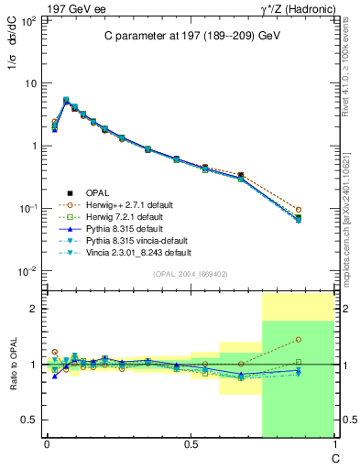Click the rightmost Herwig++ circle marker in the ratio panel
tap(299, 339)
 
